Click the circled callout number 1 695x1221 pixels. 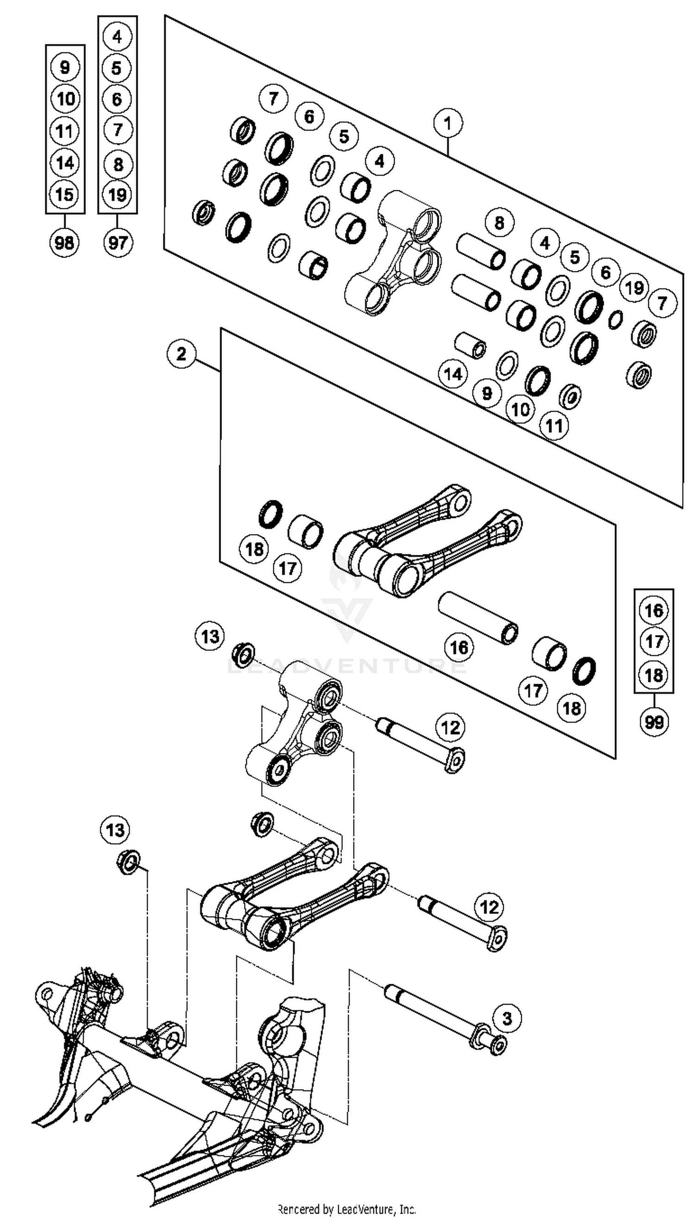pyautogui.click(x=447, y=123)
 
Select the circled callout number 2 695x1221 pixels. pyautogui.click(x=181, y=354)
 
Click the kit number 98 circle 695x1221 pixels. pyautogui.click(x=64, y=242)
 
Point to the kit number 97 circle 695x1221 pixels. pyautogui.click(x=117, y=242)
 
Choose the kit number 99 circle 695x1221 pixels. pyautogui.click(x=653, y=722)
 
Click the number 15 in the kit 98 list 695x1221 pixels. pyautogui.click(x=64, y=194)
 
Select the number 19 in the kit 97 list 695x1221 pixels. pyautogui.click(x=117, y=195)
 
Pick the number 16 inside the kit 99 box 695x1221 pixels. pyautogui.click(x=653, y=610)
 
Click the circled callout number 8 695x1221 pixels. pyautogui.click(x=499, y=223)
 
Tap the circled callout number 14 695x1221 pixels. pyautogui.click(x=453, y=373)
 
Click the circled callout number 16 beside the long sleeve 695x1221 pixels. pyautogui.click(x=459, y=648)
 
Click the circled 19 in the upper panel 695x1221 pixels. pyautogui.click(x=634, y=288)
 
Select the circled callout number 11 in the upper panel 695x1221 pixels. pyautogui.click(x=554, y=425)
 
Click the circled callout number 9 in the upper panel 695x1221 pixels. pyautogui.click(x=487, y=393)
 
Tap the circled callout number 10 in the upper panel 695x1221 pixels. pyautogui.click(x=520, y=409)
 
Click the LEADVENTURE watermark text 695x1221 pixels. pyautogui.click(x=347, y=666)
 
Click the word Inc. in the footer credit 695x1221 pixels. pyautogui.click(x=407, y=1209)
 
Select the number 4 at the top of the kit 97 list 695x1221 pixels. pyautogui.click(x=117, y=36)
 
